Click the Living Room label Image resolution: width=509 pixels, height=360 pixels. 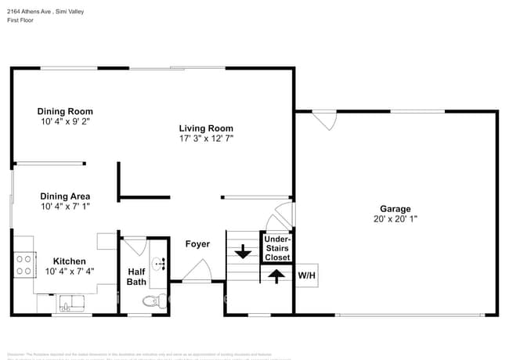206,128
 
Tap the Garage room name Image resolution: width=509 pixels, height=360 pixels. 395,209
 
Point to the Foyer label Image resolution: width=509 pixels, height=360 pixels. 197,244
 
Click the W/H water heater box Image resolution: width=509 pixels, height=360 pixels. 305,275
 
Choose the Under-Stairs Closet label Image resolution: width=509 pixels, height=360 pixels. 277,248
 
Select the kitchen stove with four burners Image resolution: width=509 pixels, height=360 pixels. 24,265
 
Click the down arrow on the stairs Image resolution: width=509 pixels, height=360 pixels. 243,252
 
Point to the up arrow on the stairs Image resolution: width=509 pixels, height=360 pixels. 275,275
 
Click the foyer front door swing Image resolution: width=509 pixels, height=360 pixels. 196,272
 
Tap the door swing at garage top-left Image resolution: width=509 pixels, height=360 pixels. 324,121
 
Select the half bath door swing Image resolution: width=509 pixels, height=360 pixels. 134,246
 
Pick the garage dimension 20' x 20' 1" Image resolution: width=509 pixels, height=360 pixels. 395,220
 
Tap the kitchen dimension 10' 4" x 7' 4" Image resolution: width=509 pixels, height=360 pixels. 70,272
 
